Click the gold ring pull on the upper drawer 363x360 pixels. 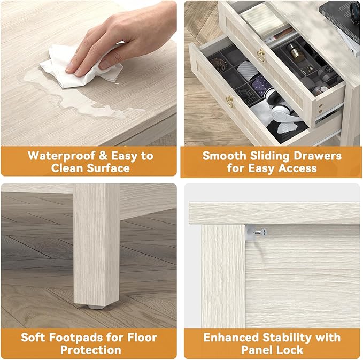(x=261, y=55)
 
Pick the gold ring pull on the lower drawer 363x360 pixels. (x=230, y=102)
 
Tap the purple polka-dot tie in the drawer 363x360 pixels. (x=261, y=84)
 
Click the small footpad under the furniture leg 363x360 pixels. (x=96, y=307)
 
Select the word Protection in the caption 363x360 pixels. (x=91, y=350)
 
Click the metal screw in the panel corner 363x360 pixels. (x=260, y=232)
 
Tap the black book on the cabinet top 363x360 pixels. (x=340, y=19)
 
